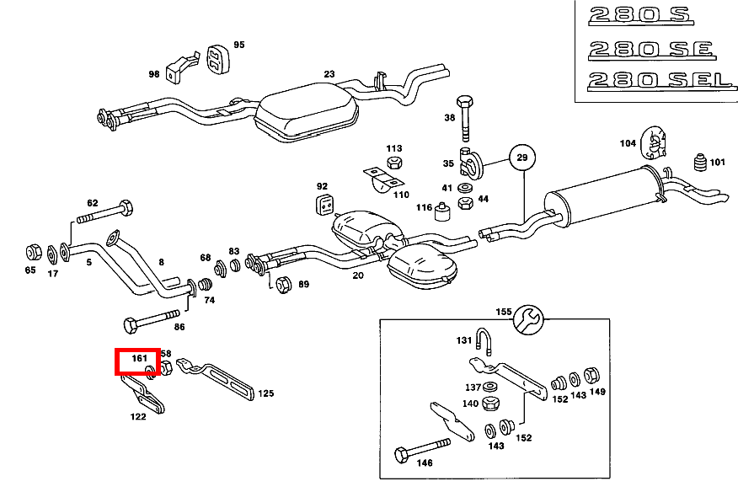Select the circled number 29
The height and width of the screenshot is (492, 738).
(x=521, y=158)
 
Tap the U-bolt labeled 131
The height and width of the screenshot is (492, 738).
(x=488, y=341)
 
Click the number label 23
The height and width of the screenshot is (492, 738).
(x=329, y=74)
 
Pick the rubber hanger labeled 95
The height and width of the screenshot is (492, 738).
(x=217, y=59)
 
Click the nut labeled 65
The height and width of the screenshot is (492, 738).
(x=31, y=251)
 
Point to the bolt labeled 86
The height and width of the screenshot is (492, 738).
(x=152, y=324)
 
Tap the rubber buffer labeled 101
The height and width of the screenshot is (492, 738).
(x=698, y=163)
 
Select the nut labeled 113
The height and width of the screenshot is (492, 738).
(x=393, y=162)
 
